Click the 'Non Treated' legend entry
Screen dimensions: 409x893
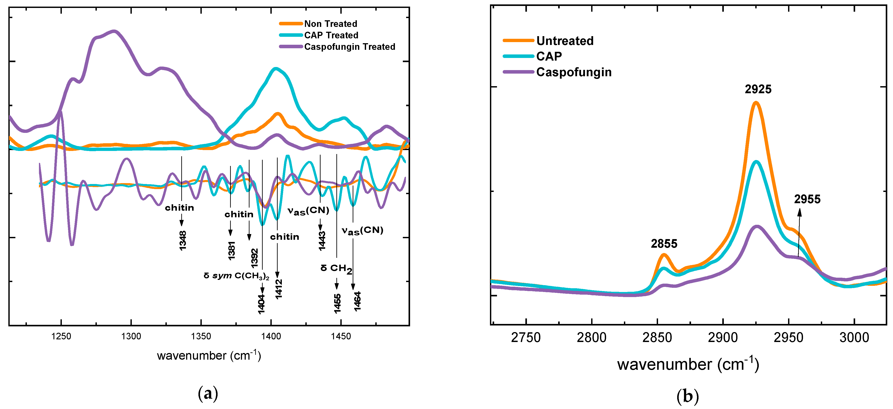tap(330, 24)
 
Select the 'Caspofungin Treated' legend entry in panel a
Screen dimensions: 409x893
tap(349, 46)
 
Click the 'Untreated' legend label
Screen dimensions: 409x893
tap(565, 41)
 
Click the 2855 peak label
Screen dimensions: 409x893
tap(664, 244)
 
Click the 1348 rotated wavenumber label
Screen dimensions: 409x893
tap(183, 240)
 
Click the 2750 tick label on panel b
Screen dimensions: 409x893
tap(526, 337)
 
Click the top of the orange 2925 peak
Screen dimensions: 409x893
tap(756, 102)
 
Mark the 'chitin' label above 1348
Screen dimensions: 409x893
tap(179, 208)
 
